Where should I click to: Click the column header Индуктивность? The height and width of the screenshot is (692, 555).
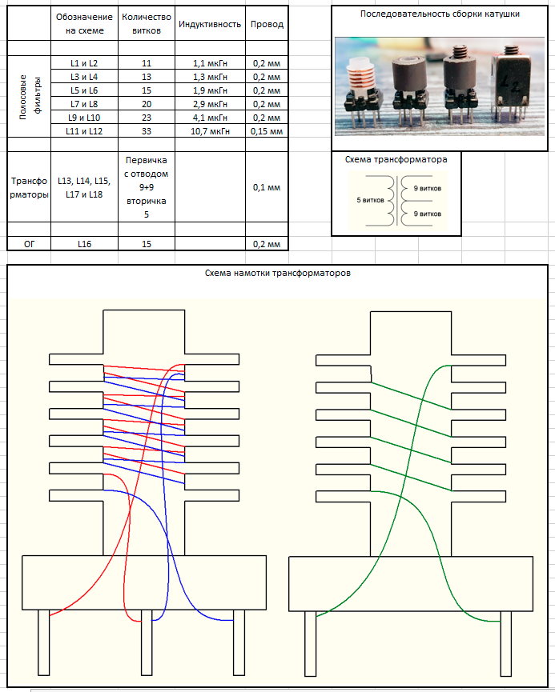[210, 24]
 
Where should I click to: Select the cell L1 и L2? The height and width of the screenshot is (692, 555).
[84, 63]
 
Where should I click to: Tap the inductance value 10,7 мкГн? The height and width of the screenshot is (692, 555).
[210, 131]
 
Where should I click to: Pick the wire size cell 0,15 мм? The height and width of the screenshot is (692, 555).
[267, 131]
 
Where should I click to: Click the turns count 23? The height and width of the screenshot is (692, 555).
[147, 118]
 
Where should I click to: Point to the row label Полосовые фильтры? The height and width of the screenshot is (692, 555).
[30, 97]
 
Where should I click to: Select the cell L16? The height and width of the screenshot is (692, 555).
[84, 244]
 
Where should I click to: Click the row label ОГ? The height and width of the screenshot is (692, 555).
[29, 244]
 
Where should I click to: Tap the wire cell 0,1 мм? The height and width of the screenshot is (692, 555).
[267, 187]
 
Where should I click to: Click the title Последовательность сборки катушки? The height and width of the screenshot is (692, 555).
[440, 14]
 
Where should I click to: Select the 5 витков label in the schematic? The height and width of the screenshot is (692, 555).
[370, 200]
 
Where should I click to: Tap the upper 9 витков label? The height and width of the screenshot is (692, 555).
[428, 189]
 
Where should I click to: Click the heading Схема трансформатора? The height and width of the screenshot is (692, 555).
[396, 159]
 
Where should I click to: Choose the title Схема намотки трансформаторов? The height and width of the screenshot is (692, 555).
[277, 273]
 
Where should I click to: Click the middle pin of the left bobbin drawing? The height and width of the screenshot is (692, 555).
[147, 642]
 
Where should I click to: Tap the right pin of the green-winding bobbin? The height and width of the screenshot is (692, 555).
[506, 643]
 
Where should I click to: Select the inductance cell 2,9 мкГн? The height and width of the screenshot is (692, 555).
[210, 104]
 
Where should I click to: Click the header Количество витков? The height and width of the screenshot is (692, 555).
[147, 24]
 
